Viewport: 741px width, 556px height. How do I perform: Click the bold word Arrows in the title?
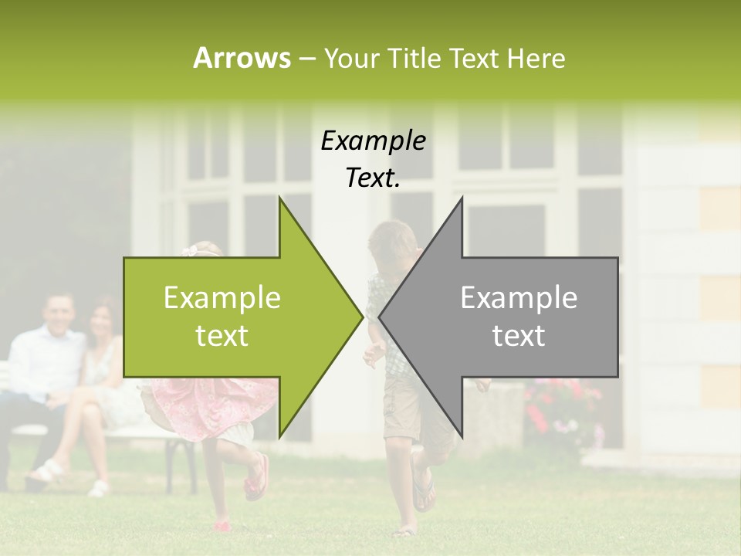click(242, 58)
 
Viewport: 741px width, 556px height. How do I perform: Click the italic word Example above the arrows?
click(373, 141)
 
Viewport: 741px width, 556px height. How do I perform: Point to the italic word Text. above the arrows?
click(373, 178)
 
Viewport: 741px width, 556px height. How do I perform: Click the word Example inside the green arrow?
click(222, 298)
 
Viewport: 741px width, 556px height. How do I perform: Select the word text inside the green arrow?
click(222, 336)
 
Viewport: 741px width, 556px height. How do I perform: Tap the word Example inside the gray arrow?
click(519, 298)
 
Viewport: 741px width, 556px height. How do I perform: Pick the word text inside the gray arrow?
click(519, 336)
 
